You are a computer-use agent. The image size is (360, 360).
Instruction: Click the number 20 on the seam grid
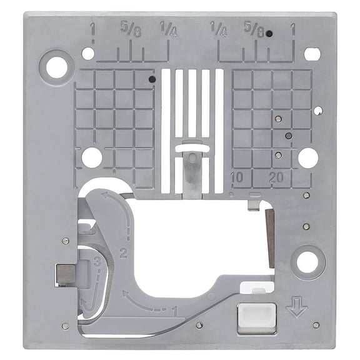[275, 177]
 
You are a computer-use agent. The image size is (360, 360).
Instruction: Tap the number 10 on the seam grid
[236, 177]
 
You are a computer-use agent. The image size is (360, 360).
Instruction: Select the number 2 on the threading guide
[123, 254]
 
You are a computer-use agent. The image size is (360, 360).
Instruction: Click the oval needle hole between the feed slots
[192, 147]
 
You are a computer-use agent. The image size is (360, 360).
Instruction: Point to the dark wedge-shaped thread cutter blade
[269, 234]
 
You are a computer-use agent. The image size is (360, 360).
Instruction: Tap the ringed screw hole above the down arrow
[307, 262]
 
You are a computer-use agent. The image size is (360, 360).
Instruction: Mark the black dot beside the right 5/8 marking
[268, 34]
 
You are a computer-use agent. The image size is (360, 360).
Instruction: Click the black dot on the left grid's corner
[152, 79]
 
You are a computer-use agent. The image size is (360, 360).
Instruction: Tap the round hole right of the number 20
[307, 157]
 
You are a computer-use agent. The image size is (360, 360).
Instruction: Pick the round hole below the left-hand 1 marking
[88, 54]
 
